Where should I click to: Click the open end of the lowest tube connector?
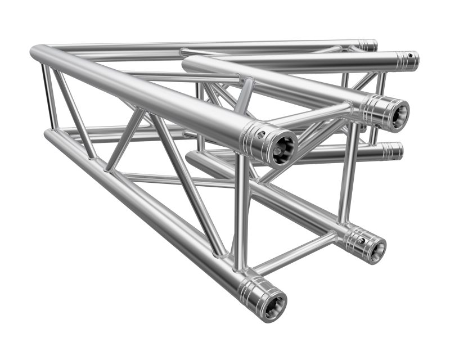pos(275,304)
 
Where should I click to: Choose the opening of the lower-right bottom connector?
pos(376,249)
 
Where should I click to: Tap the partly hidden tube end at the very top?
pos(368,45)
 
